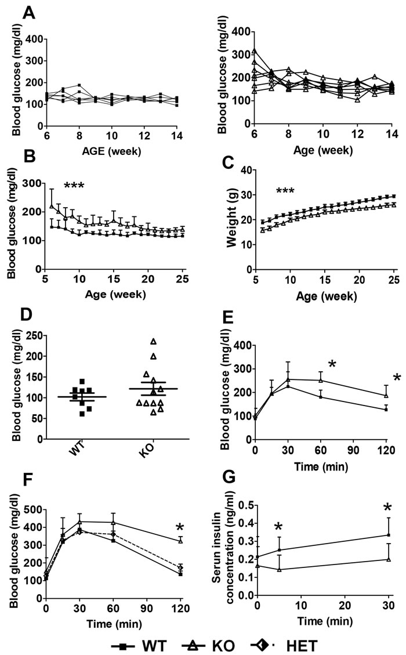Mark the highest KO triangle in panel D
(154, 342)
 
